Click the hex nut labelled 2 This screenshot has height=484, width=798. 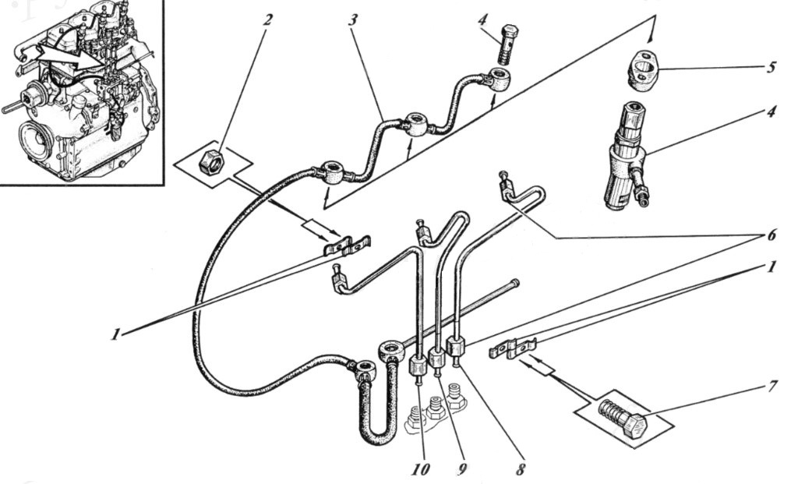click(x=210, y=163)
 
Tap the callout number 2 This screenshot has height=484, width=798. click(x=267, y=20)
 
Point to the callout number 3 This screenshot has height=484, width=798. click(x=353, y=20)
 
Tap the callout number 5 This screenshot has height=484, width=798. click(x=772, y=67)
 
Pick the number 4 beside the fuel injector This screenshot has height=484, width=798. click(x=772, y=111)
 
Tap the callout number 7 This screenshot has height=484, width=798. click(x=772, y=387)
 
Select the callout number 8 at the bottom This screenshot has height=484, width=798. click(x=520, y=468)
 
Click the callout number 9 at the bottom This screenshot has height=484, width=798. click(x=463, y=468)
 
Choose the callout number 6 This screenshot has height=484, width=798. click(x=772, y=235)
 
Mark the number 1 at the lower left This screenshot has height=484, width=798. click(x=117, y=334)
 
